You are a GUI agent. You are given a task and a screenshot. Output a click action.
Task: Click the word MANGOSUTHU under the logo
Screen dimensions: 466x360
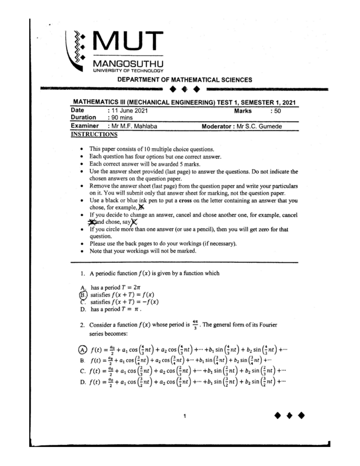coord(128,64)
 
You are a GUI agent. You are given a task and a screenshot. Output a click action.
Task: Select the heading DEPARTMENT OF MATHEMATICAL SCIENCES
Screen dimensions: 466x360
coord(184,80)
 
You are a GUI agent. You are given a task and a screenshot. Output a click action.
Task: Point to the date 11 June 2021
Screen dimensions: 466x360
coord(130,111)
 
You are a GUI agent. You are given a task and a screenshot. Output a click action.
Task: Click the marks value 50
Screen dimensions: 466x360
coord(277,111)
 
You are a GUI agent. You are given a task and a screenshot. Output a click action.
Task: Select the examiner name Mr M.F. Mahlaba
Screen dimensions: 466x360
coord(134,126)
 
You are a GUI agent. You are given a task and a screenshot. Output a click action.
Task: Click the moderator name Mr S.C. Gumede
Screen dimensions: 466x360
coord(259,126)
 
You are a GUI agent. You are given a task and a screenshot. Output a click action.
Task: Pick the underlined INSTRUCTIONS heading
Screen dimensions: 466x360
coord(94,134)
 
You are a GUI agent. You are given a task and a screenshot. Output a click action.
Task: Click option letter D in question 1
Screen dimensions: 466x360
coord(83,309)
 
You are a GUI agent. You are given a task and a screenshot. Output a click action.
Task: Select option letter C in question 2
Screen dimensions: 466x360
coord(83,371)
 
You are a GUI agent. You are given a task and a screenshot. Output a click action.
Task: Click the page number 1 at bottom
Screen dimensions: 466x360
coord(184,416)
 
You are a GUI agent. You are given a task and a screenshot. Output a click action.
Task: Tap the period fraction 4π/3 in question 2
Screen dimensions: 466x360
coord(195,325)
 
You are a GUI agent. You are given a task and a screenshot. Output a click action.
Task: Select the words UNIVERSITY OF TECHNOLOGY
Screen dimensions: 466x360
coord(128,71)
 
